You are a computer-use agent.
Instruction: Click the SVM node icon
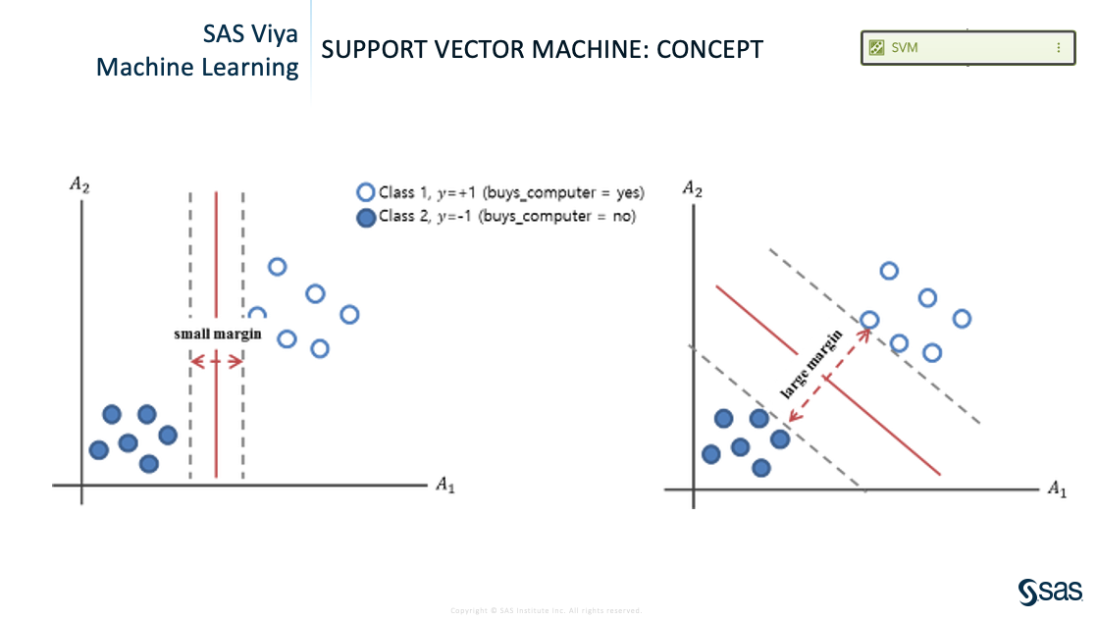tap(877, 47)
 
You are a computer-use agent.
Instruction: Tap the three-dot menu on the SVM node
tap(1058, 47)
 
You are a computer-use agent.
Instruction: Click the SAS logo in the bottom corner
tap(1049, 592)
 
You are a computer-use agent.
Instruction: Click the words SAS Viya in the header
tap(250, 34)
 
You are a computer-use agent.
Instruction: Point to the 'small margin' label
tap(218, 334)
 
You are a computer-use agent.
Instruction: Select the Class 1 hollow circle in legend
tap(366, 193)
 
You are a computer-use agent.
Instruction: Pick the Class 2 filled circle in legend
tap(366, 217)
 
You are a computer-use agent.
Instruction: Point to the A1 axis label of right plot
tap(1056, 488)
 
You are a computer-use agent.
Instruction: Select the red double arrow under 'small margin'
tap(216, 361)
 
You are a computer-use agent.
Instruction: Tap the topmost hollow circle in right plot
tap(889, 272)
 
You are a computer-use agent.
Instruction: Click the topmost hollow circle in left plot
tap(277, 267)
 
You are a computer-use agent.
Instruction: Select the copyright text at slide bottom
tap(546, 610)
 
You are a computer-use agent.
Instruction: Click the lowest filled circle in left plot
tap(148, 463)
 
